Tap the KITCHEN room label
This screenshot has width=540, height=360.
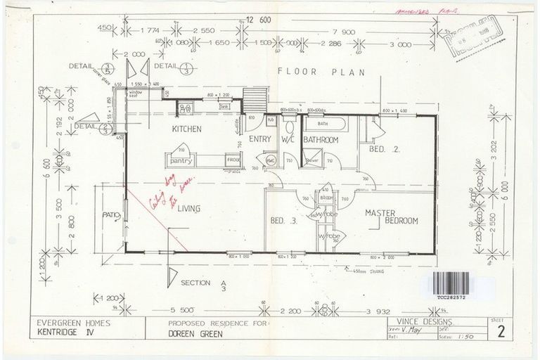click(187, 129)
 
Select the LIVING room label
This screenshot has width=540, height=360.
click(191, 209)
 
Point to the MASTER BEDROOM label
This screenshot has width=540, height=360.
click(391, 216)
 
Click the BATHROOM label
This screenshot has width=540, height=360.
click(321, 141)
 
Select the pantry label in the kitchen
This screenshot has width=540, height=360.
click(181, 161)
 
